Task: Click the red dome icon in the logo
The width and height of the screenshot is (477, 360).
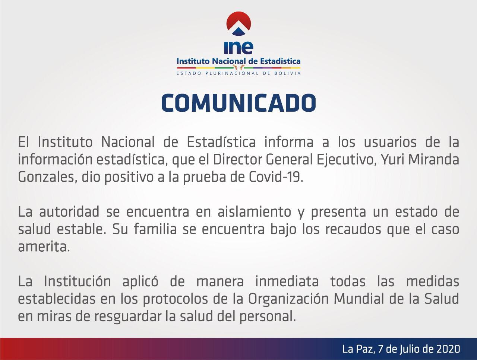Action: [x=238, y=23]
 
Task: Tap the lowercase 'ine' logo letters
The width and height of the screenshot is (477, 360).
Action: [x=238, y=47]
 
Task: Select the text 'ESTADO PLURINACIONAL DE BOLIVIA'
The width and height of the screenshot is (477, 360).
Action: [x=238, y=73]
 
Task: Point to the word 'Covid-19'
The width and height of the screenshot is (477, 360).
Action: [x=275, y=177]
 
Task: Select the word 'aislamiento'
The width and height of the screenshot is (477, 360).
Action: [x=254, y=212]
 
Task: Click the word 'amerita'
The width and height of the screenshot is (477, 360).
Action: [x=44, y=247]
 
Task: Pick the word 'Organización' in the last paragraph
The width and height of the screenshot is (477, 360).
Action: [x=288, y=299]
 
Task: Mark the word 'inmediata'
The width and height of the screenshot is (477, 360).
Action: [x=287, y=281]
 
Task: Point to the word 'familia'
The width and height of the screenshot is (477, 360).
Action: [x=155, y=229]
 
